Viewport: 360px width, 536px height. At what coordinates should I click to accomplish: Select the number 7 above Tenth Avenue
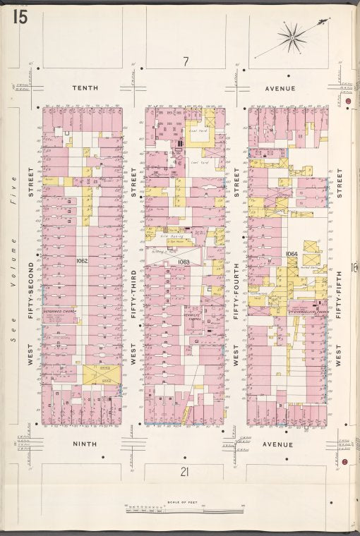click(x=185, y=62)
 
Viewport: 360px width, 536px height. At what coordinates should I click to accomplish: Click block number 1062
click(x=82, y=260)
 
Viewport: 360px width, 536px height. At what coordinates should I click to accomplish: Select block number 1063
click(x=184, y=262)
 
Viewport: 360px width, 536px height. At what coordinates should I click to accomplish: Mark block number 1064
click(x=290, y=254)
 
